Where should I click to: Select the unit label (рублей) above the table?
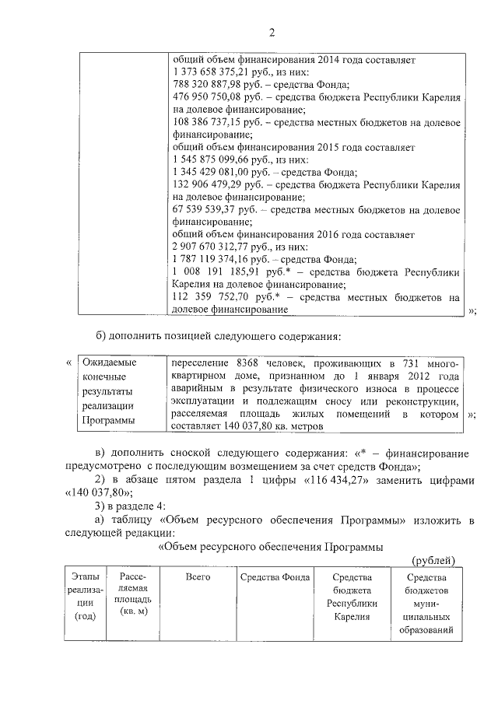pos(432,560)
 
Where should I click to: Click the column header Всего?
pos(199,577)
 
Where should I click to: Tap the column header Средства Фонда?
pos(275,577)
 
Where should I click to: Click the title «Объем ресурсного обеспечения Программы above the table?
pos(271,547)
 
